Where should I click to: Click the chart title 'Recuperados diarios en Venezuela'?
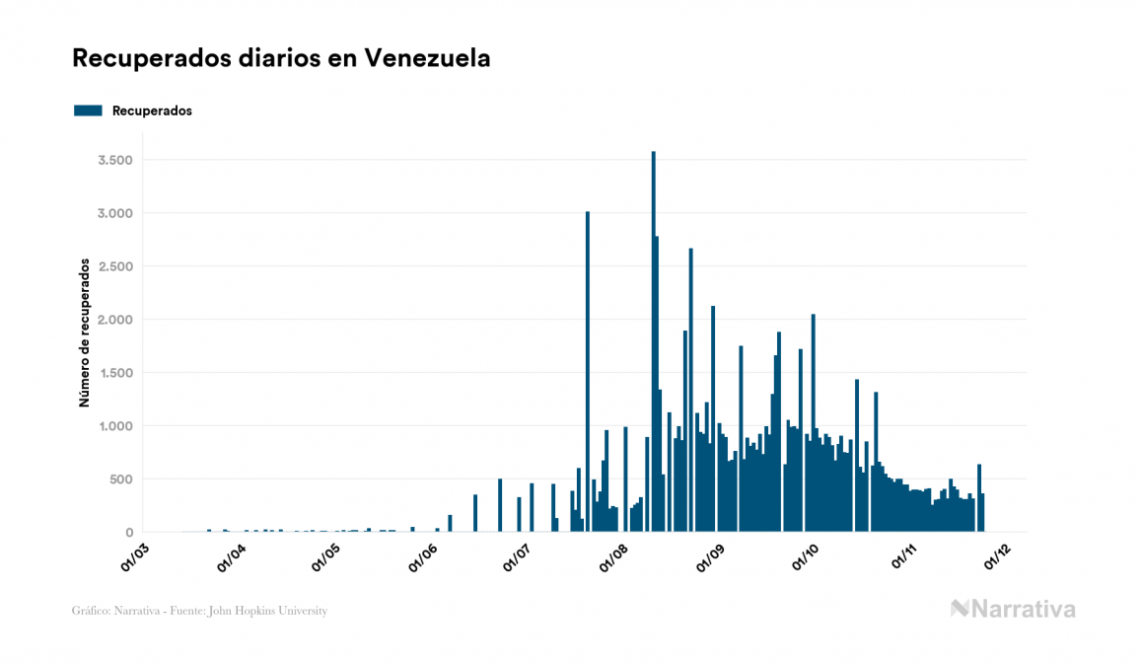click(x=281, y=58)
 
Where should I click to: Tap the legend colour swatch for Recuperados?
click(x=88, y=111)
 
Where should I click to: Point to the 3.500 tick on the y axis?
click(x=114, y=160)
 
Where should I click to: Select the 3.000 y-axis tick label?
click(x=114, y=213)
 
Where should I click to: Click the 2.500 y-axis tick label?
click(x=114, y=266)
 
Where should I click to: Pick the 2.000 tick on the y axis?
click(x=114, y=320)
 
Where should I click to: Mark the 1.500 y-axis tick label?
click(x=114, y=373)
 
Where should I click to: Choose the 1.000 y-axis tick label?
click(x=114, y=426)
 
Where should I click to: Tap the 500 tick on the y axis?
click(x=121, y=480)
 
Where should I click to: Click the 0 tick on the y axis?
click(x=129, y=533)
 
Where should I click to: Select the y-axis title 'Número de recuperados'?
click(x=85, y=332)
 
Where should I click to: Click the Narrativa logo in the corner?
click(x=1013, y=609)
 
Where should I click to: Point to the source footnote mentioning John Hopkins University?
click(x=199, y=611)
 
